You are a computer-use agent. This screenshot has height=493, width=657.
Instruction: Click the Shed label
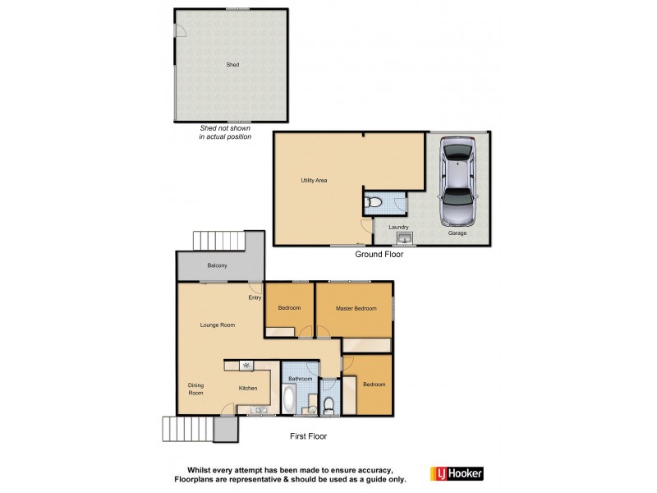(x=233, y=64)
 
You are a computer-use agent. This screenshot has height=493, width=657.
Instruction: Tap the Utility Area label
(x=315, y=180)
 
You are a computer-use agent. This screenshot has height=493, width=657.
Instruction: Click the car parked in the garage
(x=457, y=182)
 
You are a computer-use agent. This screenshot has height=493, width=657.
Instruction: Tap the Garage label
(x=457, y=233)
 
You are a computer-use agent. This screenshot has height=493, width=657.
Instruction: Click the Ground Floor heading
(x=379, y=255)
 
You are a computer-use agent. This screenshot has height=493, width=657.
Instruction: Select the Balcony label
(x=217, y=265)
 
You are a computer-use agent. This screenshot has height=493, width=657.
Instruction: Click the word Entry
(x=255, y=297)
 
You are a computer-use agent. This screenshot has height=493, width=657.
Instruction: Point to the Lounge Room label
(x=218, y=325)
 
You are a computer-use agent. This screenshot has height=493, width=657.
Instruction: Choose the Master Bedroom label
(x=356, y=308)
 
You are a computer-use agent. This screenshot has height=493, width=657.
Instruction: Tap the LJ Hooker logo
(x=457, y=473)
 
